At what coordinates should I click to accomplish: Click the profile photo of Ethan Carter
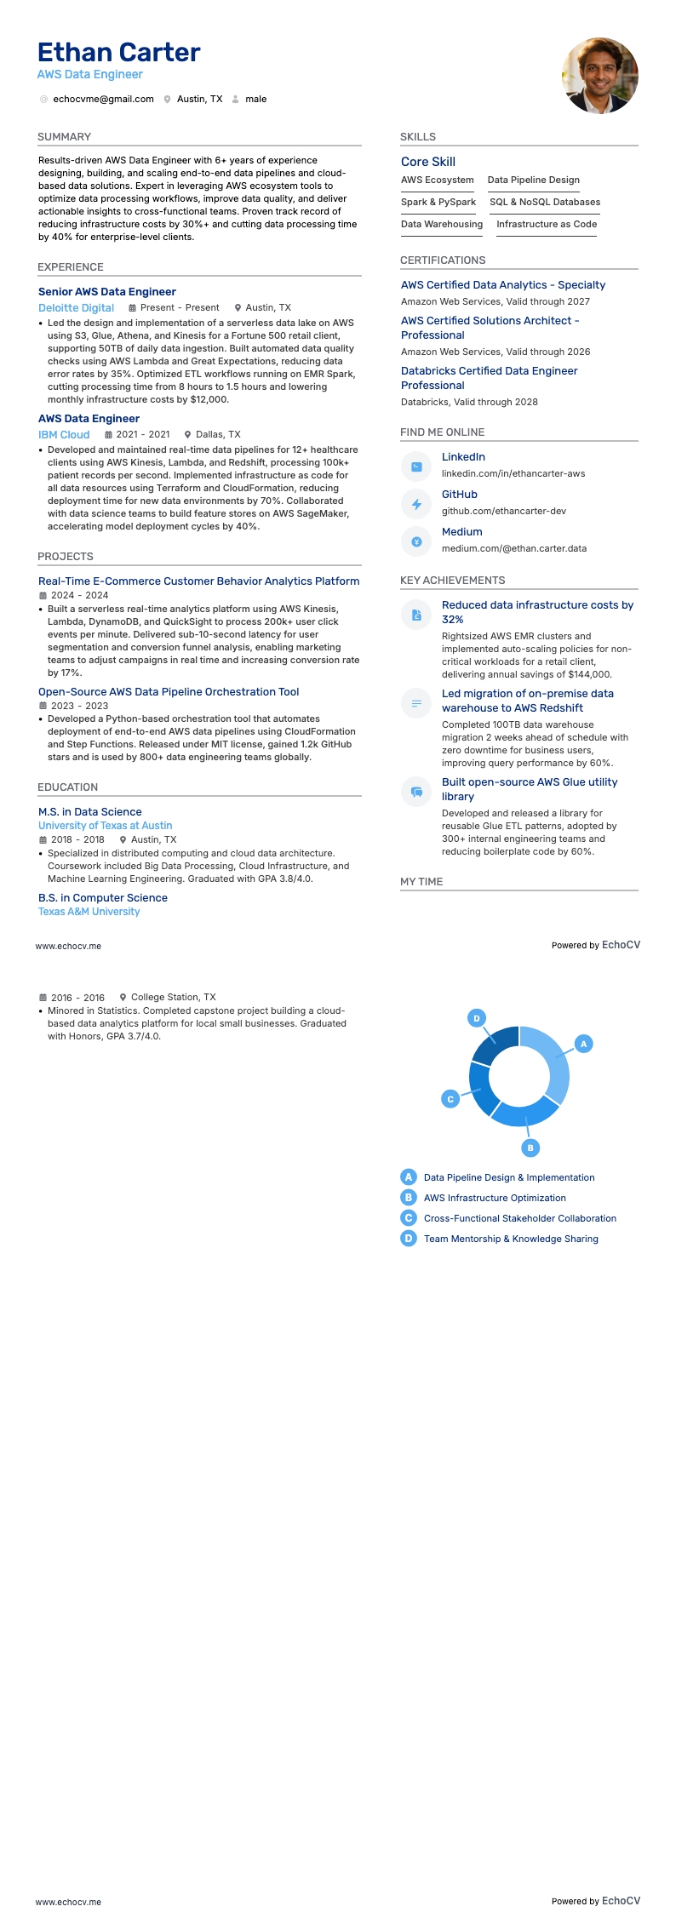tap(599, 76)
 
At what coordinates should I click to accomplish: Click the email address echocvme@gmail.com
tap(103, 100)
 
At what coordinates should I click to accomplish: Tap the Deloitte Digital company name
tap(76, 308)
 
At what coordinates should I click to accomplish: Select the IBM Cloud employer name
tap(64, 435)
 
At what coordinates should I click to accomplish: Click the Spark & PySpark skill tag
tap(438, 203)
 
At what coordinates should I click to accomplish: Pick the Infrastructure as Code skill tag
tap(547, 225)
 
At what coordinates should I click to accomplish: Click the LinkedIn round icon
tap(416, 467)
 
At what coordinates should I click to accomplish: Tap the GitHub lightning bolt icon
tap(416, 504)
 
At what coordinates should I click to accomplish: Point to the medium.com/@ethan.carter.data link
tap(513, 549)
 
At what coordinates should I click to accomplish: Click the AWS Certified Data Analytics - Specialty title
tap(503, 285)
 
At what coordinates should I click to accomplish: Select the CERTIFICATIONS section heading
tap(443, 260)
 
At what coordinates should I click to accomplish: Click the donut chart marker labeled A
tap(583, 1044)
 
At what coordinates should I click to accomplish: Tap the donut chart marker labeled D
tap(477, 1018)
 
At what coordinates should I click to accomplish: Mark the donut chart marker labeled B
tap(530, 1148)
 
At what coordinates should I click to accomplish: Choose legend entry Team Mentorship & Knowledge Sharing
tap(511, 1239)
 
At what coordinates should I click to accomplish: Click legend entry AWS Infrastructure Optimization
tap(495, 1199)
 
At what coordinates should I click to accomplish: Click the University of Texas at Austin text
tap(105, 826)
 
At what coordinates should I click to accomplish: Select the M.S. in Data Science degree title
tap(90, 812)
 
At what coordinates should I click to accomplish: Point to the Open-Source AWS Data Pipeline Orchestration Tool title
tap(169, 692)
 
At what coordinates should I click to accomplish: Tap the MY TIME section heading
tap(421, 882)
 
